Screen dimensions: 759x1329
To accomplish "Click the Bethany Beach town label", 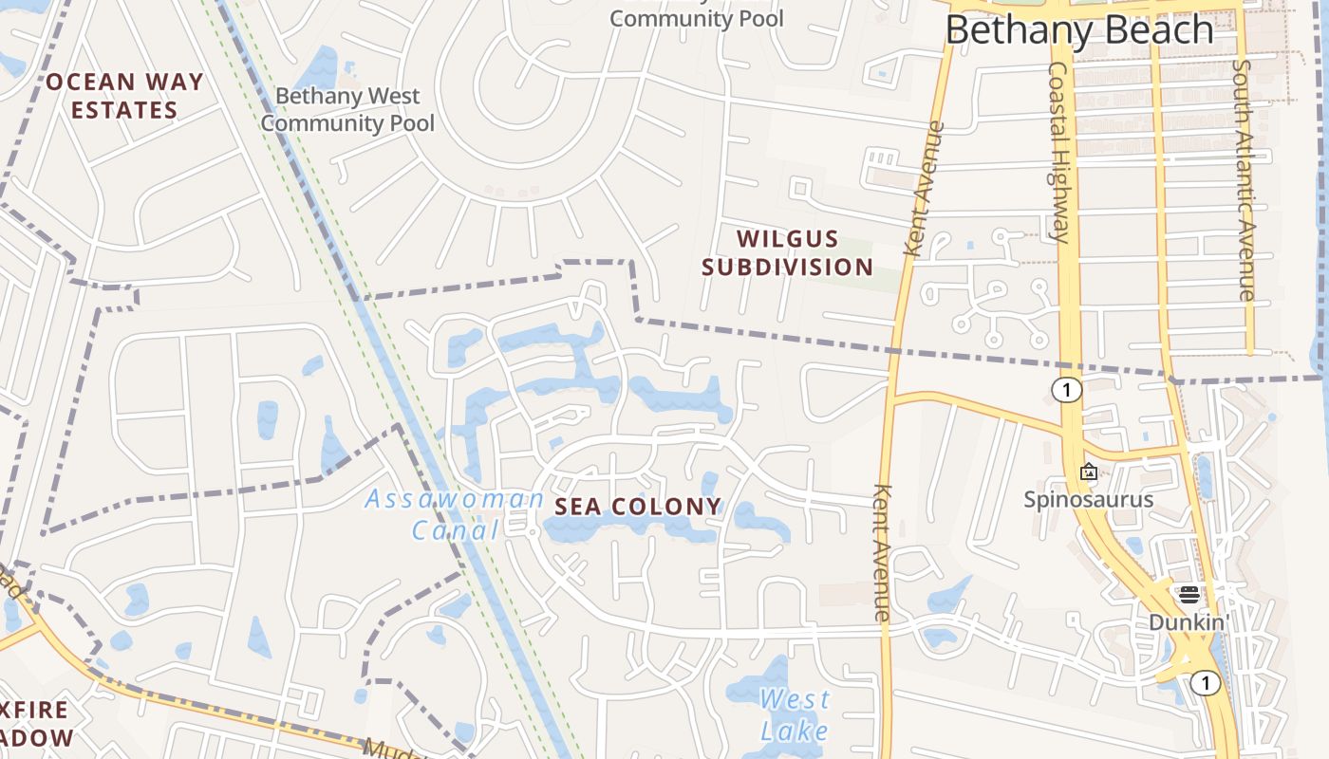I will (x=1079, y=30).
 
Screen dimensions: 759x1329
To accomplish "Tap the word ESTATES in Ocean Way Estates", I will (x=124, y=110).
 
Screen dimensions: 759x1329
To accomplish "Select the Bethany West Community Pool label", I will (x=347, y=109).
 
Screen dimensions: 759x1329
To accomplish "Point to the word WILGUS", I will (x=788, y=238).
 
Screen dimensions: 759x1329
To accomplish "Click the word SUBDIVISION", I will (x=787, y=268).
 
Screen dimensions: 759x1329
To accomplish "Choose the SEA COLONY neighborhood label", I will (x=638, y=507).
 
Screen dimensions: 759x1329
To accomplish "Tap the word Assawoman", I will (x=455, y=499).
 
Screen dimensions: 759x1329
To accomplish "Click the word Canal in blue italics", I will (x=456, y=530).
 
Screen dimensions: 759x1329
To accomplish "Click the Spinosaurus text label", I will (x=1088, y=499).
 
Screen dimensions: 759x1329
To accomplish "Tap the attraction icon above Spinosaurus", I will (x=1088, y=472).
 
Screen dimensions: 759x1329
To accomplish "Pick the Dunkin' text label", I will (x=1189, y=622).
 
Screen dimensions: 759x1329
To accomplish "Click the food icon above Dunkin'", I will (x=1189, y=595).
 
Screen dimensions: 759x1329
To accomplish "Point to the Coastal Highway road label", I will (x=1059, y=152).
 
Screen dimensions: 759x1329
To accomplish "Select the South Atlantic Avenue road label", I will (x=1243, y=180).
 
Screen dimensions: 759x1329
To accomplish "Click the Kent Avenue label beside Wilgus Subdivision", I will (x=924, y=190).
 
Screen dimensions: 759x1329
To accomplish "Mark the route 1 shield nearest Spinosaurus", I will (x=1067, y=390).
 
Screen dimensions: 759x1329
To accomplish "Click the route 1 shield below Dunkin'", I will (x=1205, y=683).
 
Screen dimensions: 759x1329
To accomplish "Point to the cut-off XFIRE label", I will (x=34, y=710).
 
